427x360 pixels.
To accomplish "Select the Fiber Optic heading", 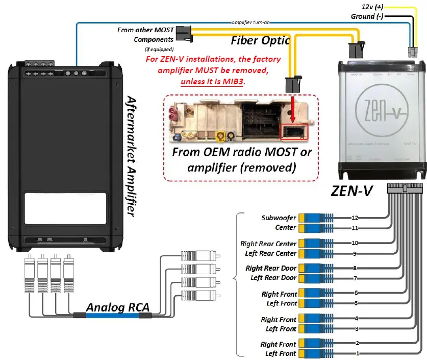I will [x=260, y=40].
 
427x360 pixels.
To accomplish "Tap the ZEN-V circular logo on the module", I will [x=381, y=109].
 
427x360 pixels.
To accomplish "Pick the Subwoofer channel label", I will [x=279, y=218].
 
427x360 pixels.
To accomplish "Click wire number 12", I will [x=355, y=218].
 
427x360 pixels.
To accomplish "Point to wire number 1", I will [x=357, y=353].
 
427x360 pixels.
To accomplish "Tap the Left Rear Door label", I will [x=273, y=278].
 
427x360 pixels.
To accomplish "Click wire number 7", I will [x=355, y=278].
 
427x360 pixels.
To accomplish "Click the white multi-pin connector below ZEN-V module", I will [x=405, y=188].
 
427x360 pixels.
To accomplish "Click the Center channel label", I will [x=286, y=227].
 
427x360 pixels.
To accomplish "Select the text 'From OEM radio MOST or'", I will [x=242, y=152].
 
